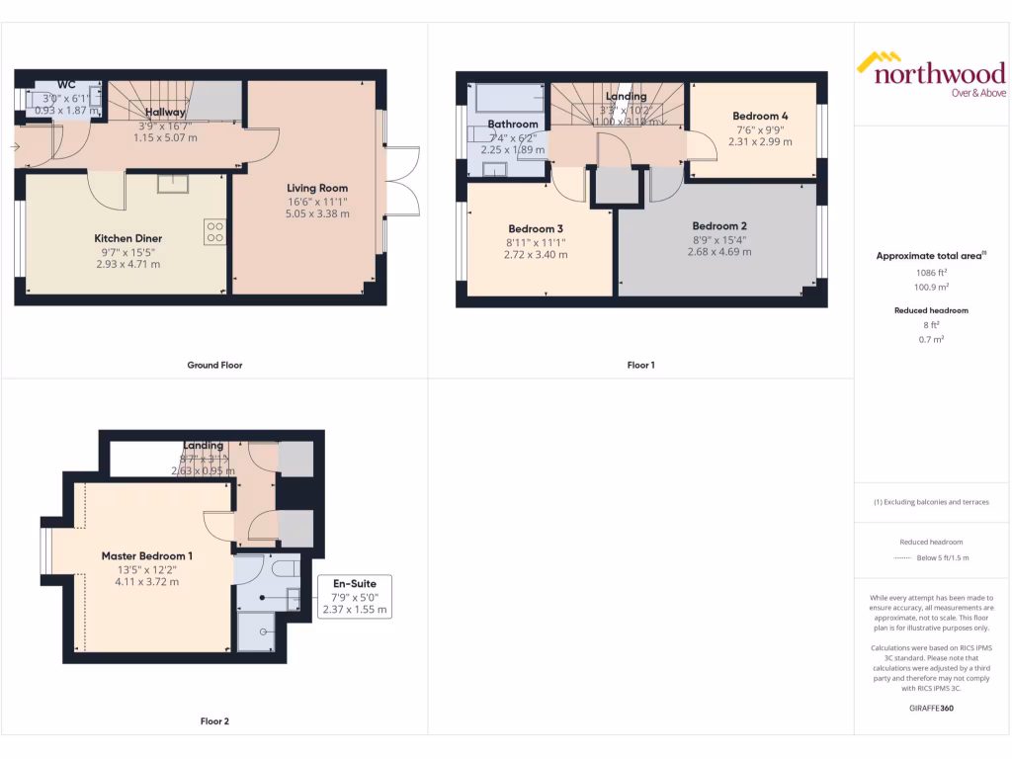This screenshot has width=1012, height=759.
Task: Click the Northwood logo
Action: (x=930, y=75)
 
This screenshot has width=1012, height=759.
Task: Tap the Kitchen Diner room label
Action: (x=127, y=238)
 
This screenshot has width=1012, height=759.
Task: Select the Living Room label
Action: (x=317, y=188)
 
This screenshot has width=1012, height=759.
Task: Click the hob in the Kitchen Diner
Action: (x=214, y=230)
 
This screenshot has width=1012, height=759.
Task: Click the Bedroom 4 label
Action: (x=760, y=115)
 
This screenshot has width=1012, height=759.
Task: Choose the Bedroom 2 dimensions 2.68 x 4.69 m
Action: (x=718, y=252)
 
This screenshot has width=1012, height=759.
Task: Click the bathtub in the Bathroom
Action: (x=510, y=98)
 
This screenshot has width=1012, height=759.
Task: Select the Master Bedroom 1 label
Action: (x=147, y=555)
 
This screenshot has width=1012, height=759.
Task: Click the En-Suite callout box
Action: (x=356, y=597)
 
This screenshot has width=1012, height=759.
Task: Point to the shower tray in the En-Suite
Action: (x=262, y=630)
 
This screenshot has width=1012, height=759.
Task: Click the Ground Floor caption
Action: (x=214, y=365)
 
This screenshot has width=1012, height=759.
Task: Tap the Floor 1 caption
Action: (x=640, y=365)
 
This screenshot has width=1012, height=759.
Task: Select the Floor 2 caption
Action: (x=214, y=721)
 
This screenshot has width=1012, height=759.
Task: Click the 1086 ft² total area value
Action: (x=930, y=272)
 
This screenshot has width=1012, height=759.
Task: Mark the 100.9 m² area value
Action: (x=930, y=287)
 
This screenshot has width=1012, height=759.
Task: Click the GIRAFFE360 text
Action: (x=930, y=709)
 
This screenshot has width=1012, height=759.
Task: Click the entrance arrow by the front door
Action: (x=13, y=147)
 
